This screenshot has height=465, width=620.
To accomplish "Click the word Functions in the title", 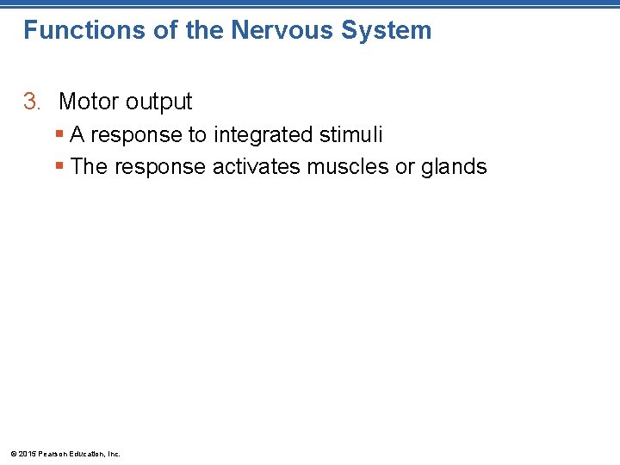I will click(x=72, y=30).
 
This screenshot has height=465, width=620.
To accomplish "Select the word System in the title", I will click(x=386, y=30).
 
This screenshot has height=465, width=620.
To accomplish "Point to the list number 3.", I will click(x=31, y=102).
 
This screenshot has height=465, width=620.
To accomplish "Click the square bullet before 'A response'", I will click(x=59, y=135).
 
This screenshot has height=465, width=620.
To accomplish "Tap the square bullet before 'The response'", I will click(x=59, y=166).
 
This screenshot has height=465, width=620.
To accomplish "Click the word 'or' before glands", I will click(x=405, y=167).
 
